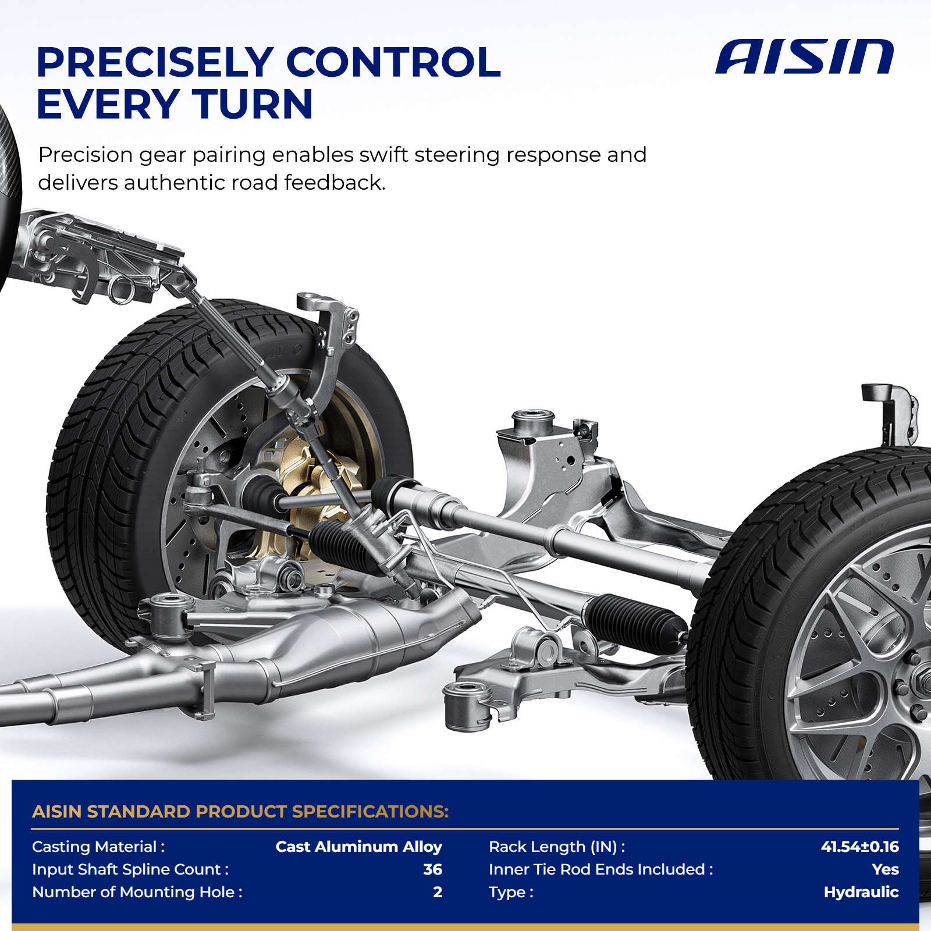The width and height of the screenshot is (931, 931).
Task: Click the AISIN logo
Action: (804, 57)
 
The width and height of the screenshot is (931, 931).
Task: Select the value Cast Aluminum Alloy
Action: (358, 847)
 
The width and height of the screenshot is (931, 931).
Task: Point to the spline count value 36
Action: (432, 869)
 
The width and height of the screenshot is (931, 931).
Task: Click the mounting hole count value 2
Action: (438, 892)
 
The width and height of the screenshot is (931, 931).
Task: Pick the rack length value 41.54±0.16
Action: (859, 847)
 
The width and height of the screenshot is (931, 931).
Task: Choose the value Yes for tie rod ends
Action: (885, 869)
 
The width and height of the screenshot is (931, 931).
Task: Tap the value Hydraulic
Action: (861, 892)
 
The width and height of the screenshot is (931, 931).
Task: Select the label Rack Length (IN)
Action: (557, 847)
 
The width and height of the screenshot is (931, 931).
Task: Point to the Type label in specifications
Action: (511, 893)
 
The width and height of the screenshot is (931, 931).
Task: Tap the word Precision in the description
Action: (86, 155)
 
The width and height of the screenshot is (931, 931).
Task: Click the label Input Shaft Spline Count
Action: (130, 869)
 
